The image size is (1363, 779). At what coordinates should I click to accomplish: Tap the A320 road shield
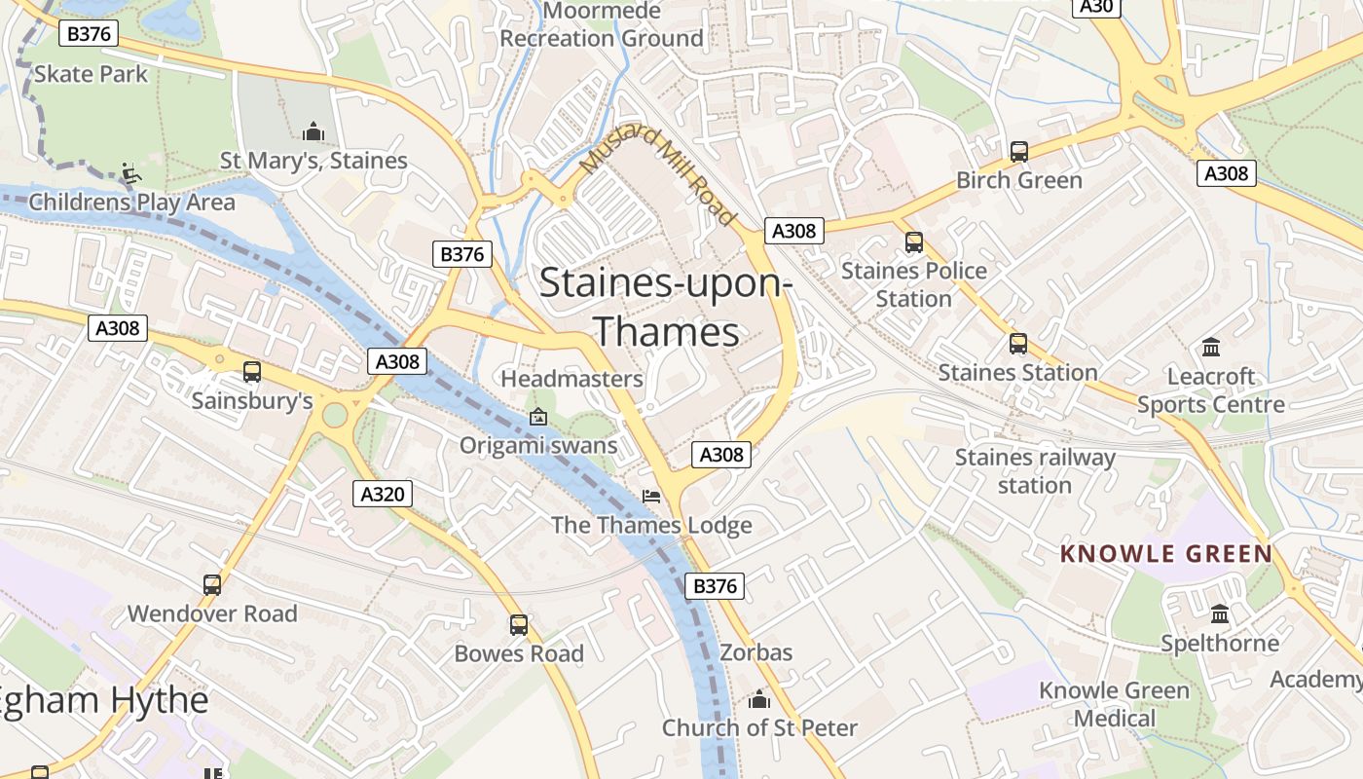382,494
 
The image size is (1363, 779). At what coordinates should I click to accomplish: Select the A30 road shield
1097,6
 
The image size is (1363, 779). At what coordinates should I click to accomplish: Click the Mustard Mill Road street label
658,175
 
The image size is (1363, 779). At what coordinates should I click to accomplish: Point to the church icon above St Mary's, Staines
313,130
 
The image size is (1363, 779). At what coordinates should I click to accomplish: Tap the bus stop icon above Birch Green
1019,151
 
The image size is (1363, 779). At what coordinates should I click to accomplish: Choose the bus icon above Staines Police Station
913,241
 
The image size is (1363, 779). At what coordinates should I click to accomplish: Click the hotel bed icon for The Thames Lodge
651,497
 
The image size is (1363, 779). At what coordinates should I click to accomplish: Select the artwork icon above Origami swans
537,417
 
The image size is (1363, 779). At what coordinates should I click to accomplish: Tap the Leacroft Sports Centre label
1211,390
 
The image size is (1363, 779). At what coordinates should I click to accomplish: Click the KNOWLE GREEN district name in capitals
1165,554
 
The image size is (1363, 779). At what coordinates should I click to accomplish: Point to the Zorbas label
756,652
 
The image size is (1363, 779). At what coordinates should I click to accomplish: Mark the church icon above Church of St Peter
759,699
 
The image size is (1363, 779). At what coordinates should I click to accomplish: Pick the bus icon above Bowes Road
519,624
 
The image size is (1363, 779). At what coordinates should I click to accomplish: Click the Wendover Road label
212,613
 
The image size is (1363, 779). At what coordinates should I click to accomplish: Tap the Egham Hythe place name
102,700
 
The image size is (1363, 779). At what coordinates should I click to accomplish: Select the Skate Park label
91,74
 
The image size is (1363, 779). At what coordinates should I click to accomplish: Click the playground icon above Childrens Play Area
130,174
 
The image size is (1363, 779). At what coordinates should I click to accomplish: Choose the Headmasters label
571,379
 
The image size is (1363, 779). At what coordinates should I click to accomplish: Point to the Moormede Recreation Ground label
602,25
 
